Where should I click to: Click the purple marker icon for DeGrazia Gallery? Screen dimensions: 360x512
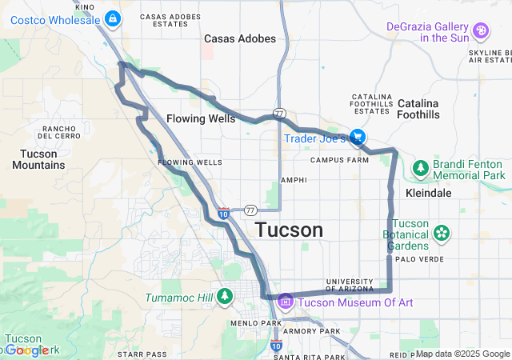[481, 31]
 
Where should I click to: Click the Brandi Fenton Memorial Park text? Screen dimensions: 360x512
[470, 169]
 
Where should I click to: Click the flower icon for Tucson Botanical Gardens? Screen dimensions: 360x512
[441, 234]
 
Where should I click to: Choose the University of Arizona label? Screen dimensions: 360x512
[350, 286]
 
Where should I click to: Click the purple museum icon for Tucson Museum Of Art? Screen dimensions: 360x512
[286, 302]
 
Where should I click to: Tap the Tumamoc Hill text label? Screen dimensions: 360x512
[179, 298]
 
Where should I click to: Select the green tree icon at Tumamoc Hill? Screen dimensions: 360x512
[225, 297]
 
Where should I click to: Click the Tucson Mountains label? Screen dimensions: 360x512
[38, 159]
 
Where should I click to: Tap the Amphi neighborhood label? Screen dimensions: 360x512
[294, 180]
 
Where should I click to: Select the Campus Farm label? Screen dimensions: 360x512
[338, 159]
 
